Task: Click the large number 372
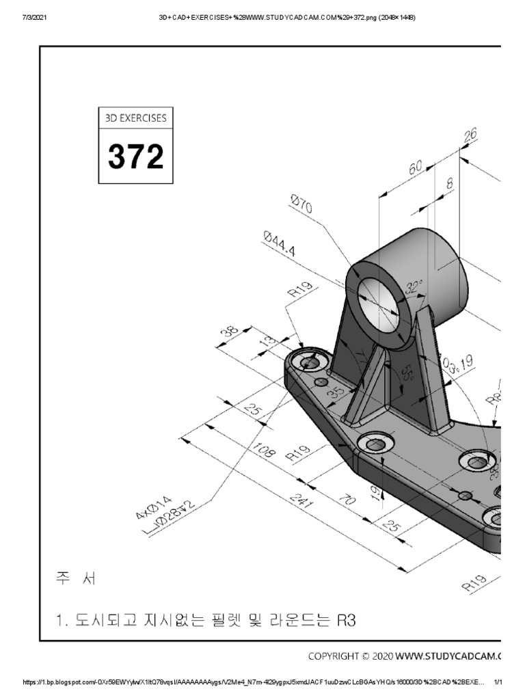[135, 157]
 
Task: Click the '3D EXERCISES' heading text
[135, 118]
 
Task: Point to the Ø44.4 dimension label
[278, 243]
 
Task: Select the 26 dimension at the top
[470, 136]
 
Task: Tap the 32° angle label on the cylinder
[411, 290]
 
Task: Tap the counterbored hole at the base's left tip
[310, 362]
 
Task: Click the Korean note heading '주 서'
[77, 579]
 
